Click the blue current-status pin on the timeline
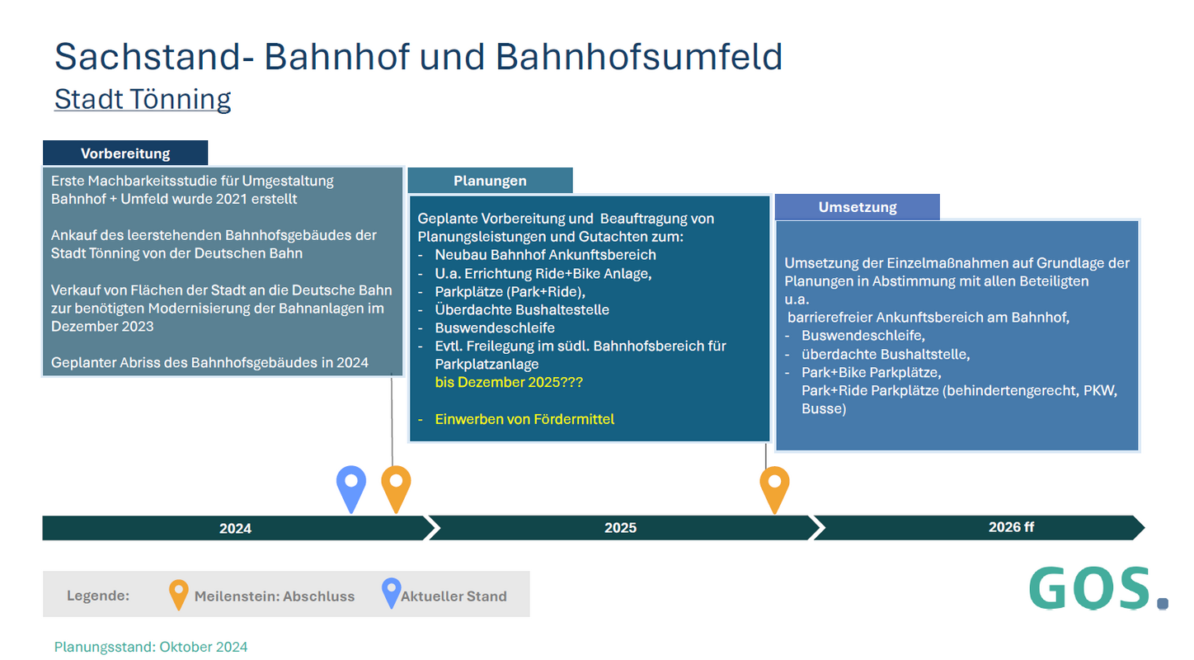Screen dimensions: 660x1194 click(351, 486)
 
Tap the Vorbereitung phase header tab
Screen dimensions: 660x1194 click(125, 153)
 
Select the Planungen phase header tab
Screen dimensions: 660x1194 click(490, 181)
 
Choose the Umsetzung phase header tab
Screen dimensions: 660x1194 click(857, 207)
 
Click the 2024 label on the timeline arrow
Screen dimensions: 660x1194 click(235, 528)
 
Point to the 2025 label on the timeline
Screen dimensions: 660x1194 click(620, 528)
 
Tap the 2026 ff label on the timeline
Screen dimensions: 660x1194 click(1011, 527)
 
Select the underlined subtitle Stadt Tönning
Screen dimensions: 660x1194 click(143, 99)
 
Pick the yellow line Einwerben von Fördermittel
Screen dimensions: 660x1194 click(524, 419)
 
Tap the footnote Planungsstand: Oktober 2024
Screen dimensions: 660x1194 click(151, 647)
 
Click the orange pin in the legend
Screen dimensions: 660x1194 click(178, 593)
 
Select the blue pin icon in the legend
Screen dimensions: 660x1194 click(390, 592)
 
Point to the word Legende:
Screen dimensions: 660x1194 click(98, 596)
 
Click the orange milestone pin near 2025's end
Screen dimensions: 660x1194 click(774, 486)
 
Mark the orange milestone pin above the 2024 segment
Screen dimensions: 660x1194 click(396, 486)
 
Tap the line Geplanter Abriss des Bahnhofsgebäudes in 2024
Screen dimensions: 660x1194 click(209, 362)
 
